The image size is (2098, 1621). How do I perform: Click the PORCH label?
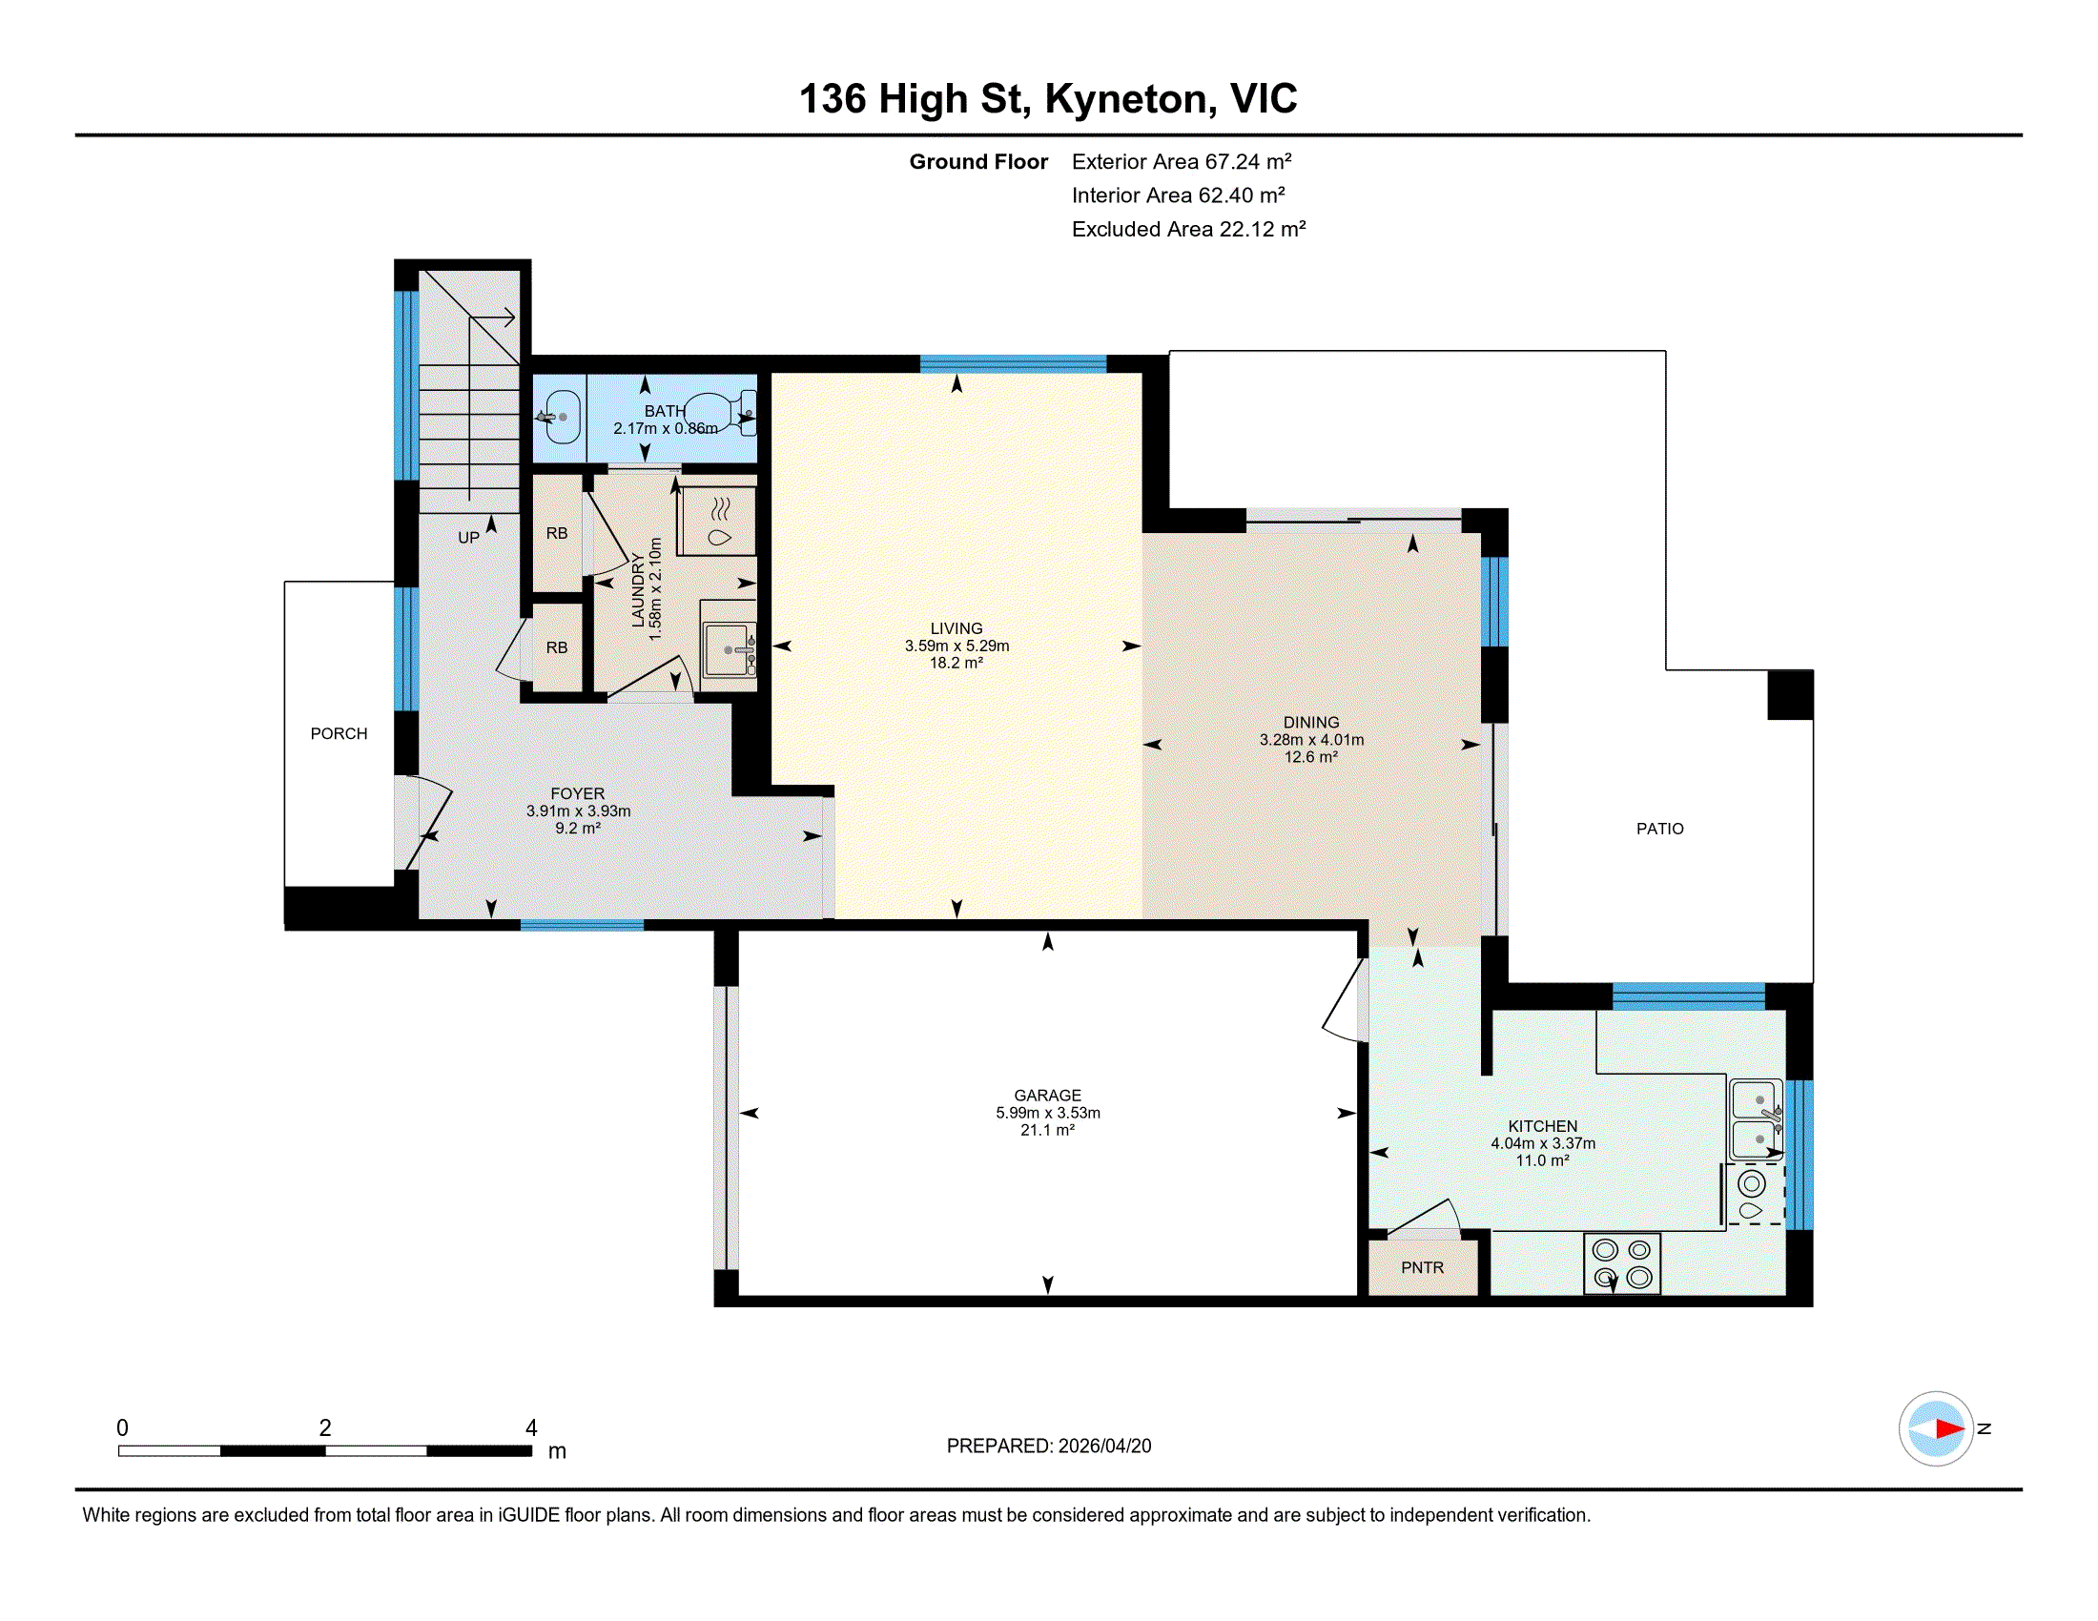[x=339, y=733]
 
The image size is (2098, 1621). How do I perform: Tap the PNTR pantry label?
[x=1422, y=1267]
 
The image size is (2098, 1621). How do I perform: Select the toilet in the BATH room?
[x=719, y=414]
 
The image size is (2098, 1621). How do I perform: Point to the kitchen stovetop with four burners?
[x=1621, y=1263]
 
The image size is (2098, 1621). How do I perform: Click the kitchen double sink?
[x=1756, y=1119]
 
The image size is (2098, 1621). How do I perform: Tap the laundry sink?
[x=730, y=650]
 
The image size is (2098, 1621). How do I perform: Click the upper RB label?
[x=556, y=533]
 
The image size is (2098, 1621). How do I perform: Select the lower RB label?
[x=556, y=647]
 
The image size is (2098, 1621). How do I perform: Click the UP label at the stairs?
[x=468, y=538]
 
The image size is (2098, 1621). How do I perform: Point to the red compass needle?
[x=1949, y=1429]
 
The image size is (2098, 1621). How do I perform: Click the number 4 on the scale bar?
[x=531, y=1428]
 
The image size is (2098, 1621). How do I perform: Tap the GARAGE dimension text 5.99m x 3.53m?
[x=1047, y=1113]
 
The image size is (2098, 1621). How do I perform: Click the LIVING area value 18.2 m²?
[x=956, y=663]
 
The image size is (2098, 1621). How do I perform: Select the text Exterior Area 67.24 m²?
[x=1182, y=161]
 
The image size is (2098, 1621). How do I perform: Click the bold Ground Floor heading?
[x=977, y=161]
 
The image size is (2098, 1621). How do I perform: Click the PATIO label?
[x=1660, y=829]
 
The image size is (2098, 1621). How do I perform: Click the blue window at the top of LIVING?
[x=1014, y=364]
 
